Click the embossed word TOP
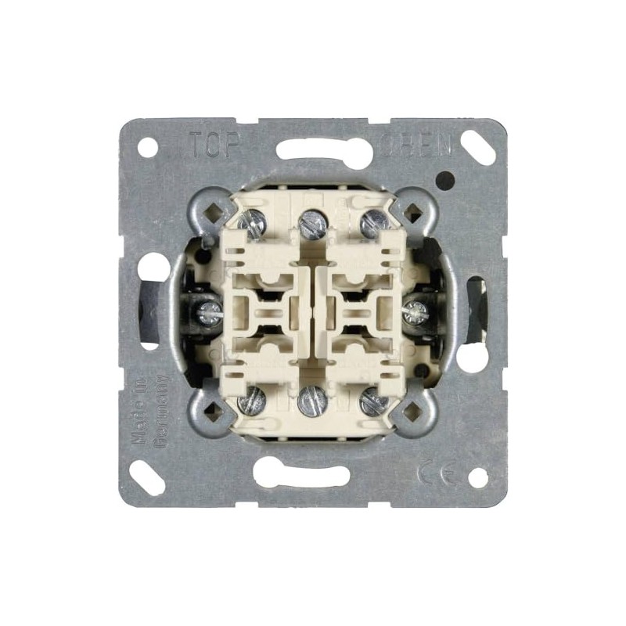212,145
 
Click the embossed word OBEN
427,146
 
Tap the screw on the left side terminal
210,313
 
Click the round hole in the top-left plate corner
147,146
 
